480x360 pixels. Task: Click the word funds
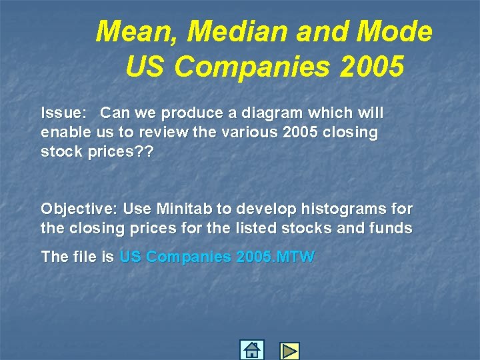[x=391, y=228]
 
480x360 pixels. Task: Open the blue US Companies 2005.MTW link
[x=217, y=257]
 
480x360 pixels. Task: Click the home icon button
[x=251, y=350]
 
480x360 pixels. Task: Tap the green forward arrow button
[x=289, y=351]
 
